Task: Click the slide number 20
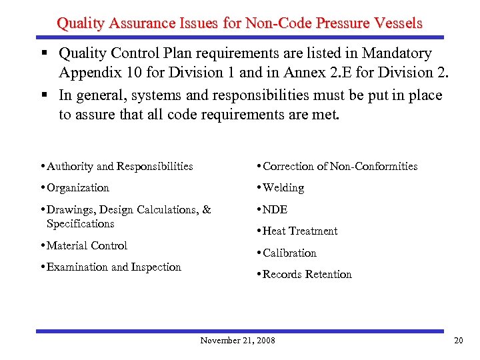click(x=458, y=341)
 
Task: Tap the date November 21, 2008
click(x=237, y=341)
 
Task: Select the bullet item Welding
click(x=283, y=188)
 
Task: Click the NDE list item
click(x=275, y=209)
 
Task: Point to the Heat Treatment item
click(x=300, y=231)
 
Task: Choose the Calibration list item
click(x=289, y=253)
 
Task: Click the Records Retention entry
click(x=307, y=274)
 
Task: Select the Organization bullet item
click(x=78, y=188)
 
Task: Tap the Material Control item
click(x=87, y=245)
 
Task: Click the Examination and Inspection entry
click(x=114, y=267)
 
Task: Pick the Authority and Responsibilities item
click(x=120, y=166)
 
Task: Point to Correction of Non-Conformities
click(x=340, y=166)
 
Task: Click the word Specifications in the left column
click(x=81, y=223)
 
